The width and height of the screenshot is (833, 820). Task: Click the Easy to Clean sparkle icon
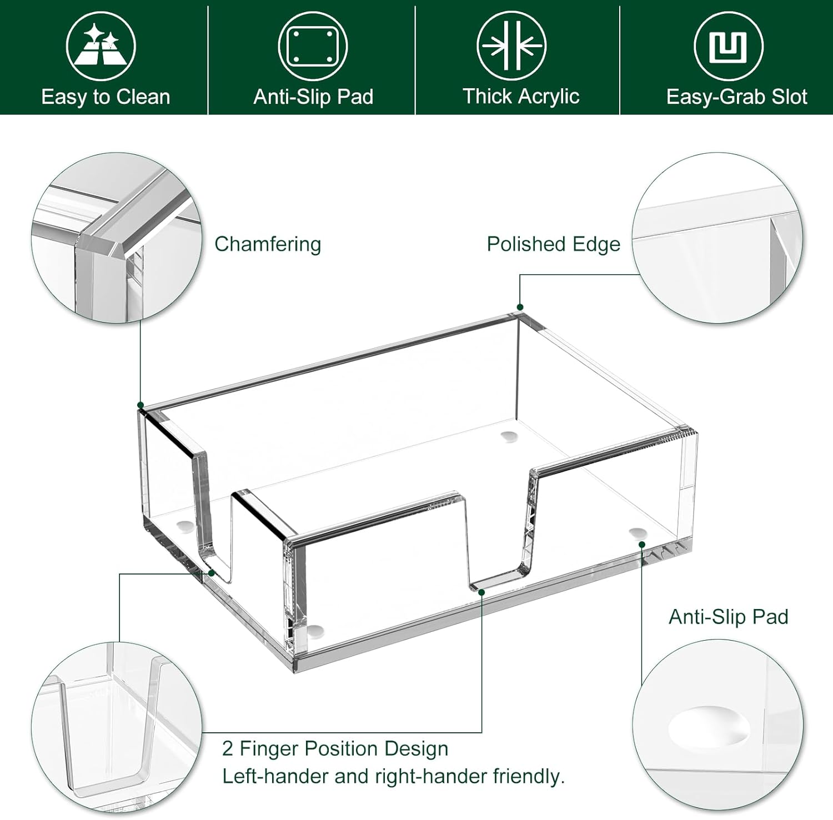tap(101, 46)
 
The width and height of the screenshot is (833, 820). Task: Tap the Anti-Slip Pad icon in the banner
tap(313, 46)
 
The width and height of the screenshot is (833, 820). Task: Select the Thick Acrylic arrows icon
tap(511, 46)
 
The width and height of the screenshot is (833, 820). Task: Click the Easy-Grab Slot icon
tap(728, 46)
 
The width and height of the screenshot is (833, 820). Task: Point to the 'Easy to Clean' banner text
tap(106, 97)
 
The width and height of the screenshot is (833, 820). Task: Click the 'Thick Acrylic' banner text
tap(521, 97)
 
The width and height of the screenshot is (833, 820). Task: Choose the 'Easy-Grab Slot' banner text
tap(736, 97)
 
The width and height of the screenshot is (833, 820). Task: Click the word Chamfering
tap(268, 244)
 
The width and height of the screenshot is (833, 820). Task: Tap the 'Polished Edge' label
tap(553, 244)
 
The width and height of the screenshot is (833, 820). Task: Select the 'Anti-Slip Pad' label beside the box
tap(728, 617)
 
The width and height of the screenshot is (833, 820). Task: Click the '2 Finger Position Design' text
tap(335, 748)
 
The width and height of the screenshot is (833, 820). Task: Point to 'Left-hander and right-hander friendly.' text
tap(393, 776)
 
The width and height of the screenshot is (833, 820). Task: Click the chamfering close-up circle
tap(117, 238)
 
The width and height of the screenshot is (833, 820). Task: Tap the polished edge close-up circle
tap(717, 238)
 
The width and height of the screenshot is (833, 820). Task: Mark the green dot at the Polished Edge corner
tap(520, 307)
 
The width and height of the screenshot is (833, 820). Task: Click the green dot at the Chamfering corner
tap(140, 405)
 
